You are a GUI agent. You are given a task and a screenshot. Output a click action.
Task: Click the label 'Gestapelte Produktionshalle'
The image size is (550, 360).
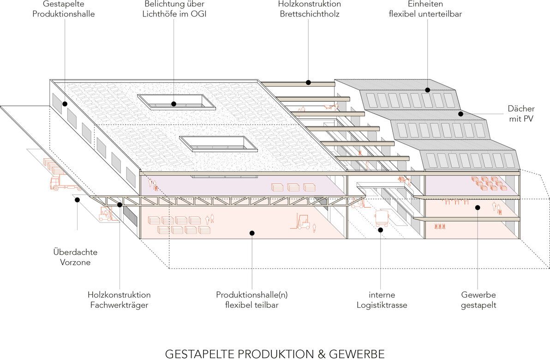click(64, 9)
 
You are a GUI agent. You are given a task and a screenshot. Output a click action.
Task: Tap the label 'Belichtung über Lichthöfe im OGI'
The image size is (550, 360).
click(174, 9)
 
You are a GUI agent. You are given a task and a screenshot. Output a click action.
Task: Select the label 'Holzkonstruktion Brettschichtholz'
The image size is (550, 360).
click(309, 9)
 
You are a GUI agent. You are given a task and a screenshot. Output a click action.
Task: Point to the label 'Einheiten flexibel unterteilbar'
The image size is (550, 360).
click(425, 9)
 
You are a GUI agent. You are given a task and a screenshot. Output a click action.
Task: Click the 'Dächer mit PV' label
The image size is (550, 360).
click(521, 114)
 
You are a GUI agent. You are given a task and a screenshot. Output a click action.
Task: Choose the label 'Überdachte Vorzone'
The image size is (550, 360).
click(75, 257)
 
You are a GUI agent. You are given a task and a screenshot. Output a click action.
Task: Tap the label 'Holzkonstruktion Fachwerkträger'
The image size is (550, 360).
click(119, 300)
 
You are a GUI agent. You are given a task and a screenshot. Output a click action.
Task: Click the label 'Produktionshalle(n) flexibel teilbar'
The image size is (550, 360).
click(252, 300)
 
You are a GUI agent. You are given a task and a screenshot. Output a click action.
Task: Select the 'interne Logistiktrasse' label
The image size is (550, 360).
click(382, 300)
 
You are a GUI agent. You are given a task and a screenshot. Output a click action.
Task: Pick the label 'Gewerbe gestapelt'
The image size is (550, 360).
click(478, 300)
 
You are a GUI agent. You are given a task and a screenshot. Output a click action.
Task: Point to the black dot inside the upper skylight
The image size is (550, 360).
click(173, 104)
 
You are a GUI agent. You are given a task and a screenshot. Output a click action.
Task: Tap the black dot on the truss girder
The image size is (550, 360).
click(120, 204)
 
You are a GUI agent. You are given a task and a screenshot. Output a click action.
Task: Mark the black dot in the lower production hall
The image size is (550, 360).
click(252, 233)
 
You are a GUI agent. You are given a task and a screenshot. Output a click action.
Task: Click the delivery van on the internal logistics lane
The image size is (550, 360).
click(381, 218)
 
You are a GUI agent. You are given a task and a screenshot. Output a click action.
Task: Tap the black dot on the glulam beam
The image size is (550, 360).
click(308, 83)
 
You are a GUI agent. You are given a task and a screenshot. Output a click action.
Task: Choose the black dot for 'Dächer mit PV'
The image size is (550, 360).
click(461, 114)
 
